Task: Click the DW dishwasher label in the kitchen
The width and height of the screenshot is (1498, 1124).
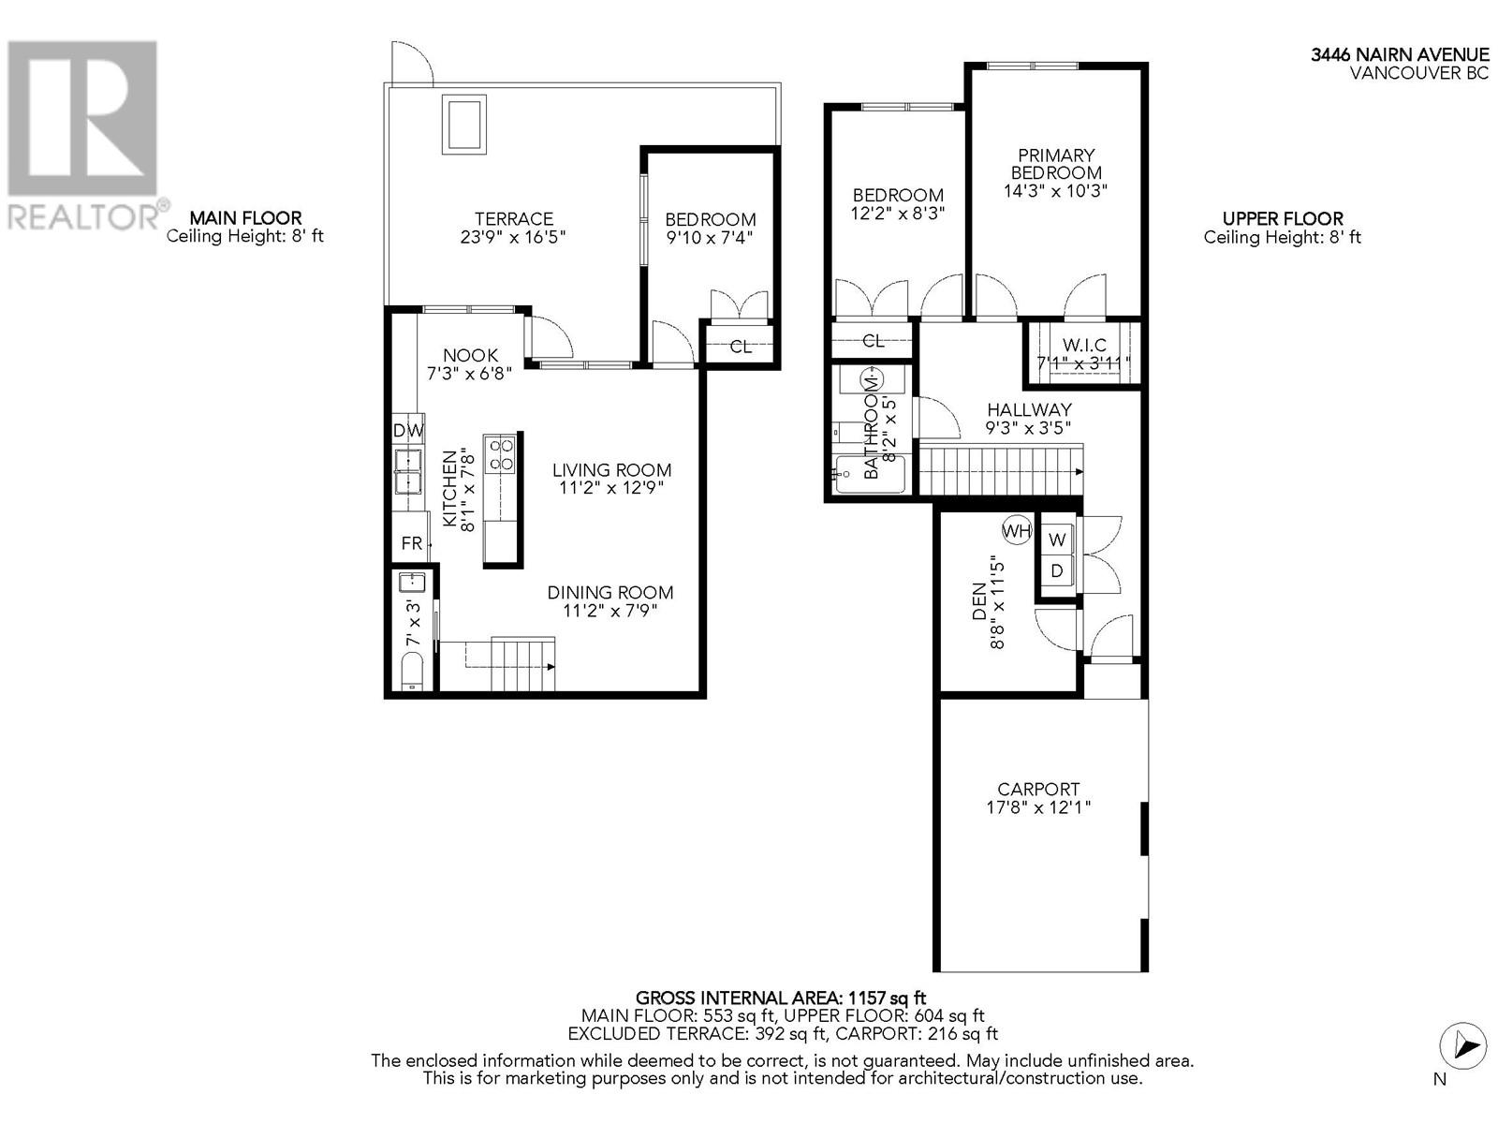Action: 408,431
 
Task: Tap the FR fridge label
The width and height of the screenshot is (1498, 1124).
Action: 411,544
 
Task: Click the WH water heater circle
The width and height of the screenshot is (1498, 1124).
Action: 1017,531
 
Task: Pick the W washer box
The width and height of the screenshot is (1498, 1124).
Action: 1057,540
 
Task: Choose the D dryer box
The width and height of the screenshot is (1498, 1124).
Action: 1057,570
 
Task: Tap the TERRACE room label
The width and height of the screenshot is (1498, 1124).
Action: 513,219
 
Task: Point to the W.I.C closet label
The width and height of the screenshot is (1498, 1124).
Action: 1083,346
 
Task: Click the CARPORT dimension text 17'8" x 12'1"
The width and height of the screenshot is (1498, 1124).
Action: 1038,807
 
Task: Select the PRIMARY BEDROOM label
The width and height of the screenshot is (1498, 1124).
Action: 1056,164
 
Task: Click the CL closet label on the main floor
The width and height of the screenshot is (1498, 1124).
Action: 741,347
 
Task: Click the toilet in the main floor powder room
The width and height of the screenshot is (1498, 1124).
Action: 412,673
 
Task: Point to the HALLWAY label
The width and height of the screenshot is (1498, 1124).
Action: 1029,409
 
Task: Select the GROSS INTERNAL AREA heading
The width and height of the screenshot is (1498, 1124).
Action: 781,998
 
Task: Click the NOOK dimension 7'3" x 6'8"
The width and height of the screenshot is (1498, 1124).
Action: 470,373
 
